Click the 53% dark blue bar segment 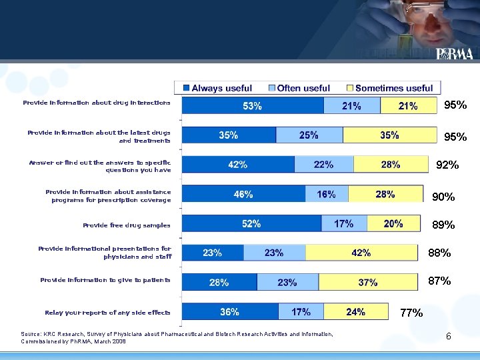[x=253, y=105]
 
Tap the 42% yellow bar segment [x=361, y=253]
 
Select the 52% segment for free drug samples [x=251, y=224]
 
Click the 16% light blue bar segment [x=327, y=195]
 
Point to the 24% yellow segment [x=355, y=311]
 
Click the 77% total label [x=411, y=313]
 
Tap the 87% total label [x=439, y=281]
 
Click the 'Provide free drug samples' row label [x=126, y=225]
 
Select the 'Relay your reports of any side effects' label [x=107, y=313]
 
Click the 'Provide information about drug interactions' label [x=97, y=103]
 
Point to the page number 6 [x=448, y=337]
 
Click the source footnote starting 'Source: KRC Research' [x=177, y=337]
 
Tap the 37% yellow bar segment [x=367, y=282]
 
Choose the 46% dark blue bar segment [x=243, y=195]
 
